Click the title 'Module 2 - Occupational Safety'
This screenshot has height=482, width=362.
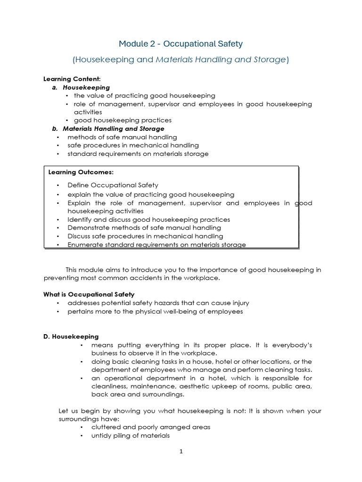(x=181, y=44)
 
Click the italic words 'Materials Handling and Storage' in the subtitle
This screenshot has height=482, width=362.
(x=221, y=59)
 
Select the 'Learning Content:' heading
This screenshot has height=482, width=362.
(x=72, y=79)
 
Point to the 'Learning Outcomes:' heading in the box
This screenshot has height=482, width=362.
(x=81, y=172)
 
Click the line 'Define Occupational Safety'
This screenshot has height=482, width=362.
(x=113, y=185)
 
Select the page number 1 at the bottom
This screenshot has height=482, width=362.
(x=181, y=451)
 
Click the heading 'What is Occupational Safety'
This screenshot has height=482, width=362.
(x=89, y=294)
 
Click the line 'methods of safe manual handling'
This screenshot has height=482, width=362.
(x=122, y=137)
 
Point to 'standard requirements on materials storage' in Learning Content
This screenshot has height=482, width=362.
(x=138, y=154)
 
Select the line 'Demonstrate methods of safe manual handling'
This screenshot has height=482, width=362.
(x=144, y=228)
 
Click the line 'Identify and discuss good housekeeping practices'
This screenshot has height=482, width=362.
(x=148, y=219)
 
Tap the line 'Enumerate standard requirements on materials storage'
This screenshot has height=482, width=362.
(x=156, y=244)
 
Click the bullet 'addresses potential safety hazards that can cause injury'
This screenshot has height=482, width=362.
(x=158, y=303)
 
